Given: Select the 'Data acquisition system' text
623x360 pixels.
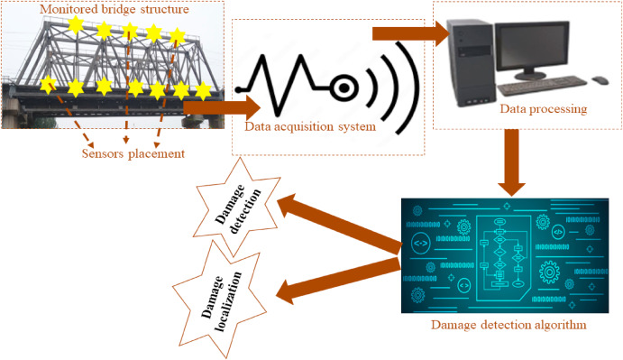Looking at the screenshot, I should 310,126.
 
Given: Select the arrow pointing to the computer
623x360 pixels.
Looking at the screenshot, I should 410,34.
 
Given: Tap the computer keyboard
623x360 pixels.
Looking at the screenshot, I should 541,89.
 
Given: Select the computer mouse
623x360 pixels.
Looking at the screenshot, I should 599,81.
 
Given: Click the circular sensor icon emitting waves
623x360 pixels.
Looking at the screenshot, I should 344,88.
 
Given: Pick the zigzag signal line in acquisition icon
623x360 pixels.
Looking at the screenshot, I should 279,83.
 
